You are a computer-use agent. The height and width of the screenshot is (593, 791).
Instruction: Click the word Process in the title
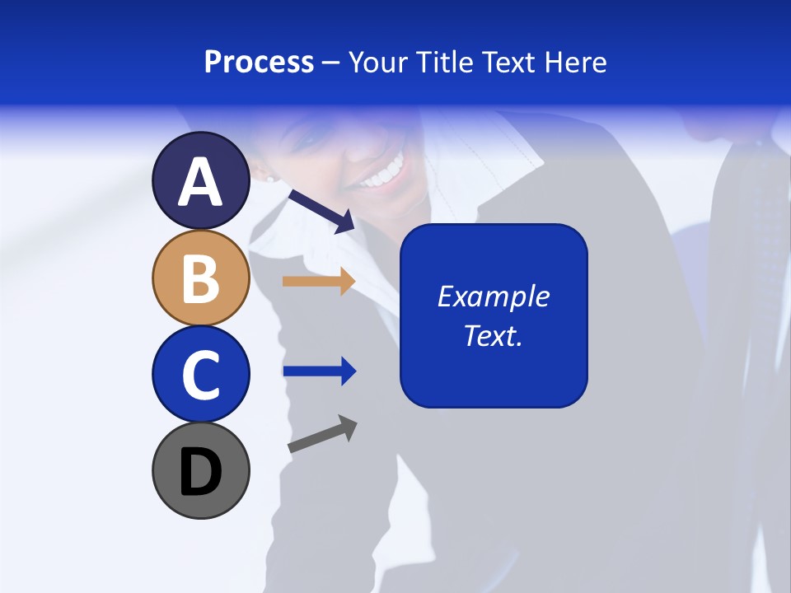[x=259, y=62]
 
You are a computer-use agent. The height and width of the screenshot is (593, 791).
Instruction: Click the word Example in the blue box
[x=493, y=296]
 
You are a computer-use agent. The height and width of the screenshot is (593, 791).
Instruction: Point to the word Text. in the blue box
[x=493, y=336]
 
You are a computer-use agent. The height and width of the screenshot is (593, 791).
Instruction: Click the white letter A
[x=201, y=183]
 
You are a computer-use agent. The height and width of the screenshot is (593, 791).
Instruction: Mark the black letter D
[x=201, y=473]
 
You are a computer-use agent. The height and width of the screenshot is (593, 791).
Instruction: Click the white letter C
[x=201, y=376]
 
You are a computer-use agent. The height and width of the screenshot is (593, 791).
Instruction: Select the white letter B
[x=201, y=278]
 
